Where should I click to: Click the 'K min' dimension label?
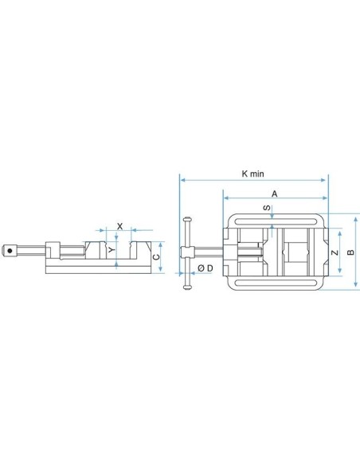pos(252,174)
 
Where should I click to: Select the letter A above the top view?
pos(275,194)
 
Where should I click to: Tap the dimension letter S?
pos(267,208)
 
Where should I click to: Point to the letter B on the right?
pos(350,252)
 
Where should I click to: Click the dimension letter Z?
pos(335,252)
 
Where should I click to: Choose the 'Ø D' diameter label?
pos(205,268)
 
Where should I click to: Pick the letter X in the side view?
pos(119,227)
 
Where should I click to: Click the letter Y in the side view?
pos(112,250)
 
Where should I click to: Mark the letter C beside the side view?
pos(156,257)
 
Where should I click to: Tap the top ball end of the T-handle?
pos(187,220)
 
